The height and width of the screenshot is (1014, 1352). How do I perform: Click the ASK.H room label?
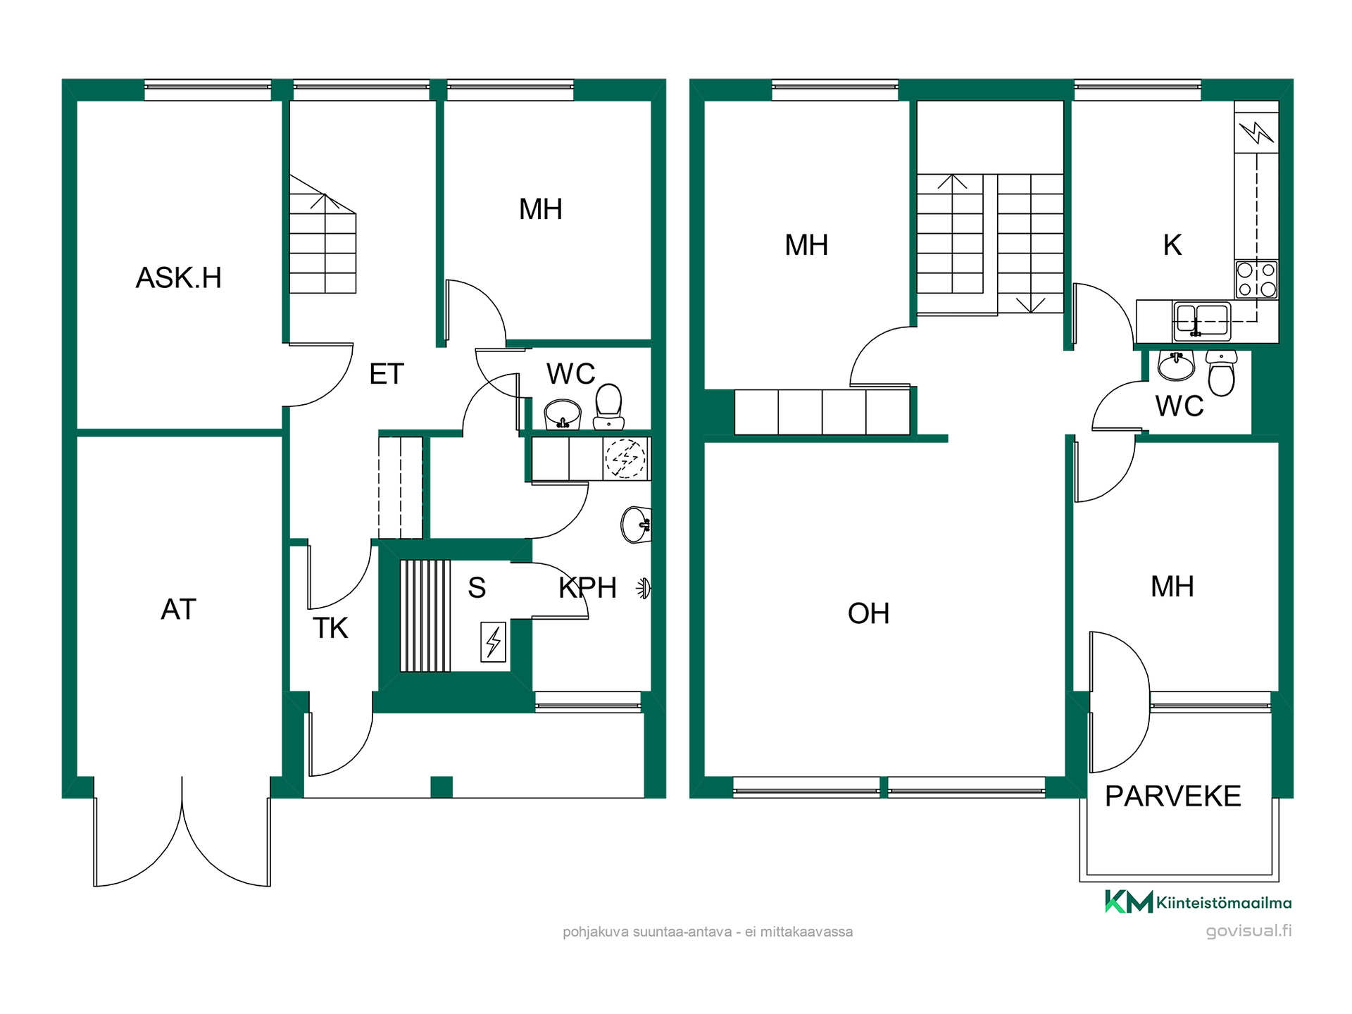click(179, 278)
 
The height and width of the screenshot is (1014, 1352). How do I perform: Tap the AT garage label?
click(178, 610)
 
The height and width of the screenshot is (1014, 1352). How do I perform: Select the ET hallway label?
click(387, 374)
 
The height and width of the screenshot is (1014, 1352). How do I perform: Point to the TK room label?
click(330, 628)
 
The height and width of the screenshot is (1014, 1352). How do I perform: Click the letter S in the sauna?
click(477, 587)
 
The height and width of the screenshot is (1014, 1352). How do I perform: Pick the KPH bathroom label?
click(587, 587)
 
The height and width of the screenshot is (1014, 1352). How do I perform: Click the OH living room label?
click(868, 614)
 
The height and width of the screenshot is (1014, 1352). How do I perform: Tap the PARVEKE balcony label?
click(1172, 796)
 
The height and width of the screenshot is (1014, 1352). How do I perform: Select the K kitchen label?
click(1172, 245)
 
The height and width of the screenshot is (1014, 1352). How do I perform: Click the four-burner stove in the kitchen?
click(1256, 280)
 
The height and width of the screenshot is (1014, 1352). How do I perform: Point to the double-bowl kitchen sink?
click(1201, 321)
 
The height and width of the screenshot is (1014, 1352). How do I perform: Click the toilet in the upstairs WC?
click(1222, 373)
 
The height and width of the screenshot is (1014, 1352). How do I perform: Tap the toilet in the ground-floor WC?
click(608, 406)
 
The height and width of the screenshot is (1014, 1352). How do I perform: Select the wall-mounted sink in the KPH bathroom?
click(636, 525)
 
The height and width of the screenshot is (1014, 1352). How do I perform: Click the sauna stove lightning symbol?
click(494, 641)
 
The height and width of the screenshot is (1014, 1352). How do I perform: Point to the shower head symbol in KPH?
click(644, 588)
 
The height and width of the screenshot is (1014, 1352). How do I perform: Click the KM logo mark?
click(1129, 902)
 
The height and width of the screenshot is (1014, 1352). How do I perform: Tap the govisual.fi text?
click(1248, 931)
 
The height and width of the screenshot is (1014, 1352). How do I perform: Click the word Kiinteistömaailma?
click(1224, 903)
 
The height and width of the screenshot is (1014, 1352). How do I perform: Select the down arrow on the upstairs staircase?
click(1031, 303)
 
